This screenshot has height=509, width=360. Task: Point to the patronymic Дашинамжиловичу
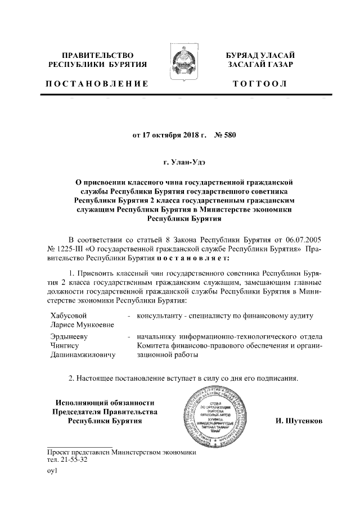[x=83, y=356]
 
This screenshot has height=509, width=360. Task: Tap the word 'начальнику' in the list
[x=159, y=336]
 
